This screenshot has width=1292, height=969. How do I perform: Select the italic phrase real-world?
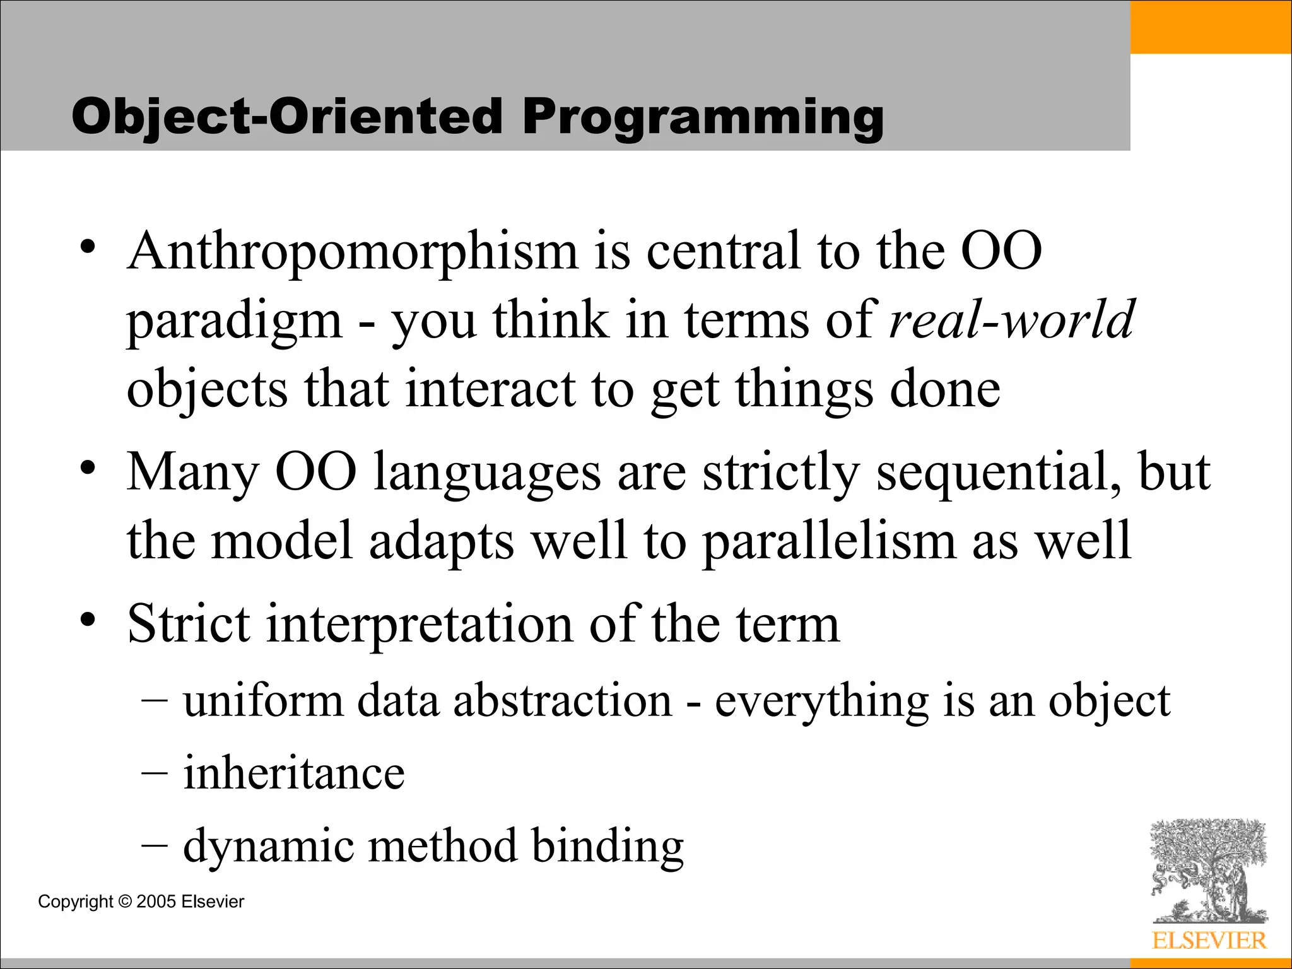1011,320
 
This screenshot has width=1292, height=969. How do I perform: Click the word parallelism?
829,541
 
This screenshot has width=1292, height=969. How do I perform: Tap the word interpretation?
419,625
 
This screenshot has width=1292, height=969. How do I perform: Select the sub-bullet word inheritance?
293,773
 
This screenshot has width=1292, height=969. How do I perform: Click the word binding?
607,846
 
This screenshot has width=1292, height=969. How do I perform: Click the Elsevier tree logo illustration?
1208,871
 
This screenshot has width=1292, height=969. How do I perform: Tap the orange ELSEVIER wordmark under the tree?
1209,941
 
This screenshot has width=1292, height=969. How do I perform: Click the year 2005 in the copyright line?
156,901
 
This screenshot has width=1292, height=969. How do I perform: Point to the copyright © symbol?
124,901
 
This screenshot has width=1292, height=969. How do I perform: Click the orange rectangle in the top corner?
1210,26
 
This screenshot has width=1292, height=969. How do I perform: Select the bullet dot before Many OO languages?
88,468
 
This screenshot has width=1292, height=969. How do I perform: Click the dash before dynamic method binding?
155,845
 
